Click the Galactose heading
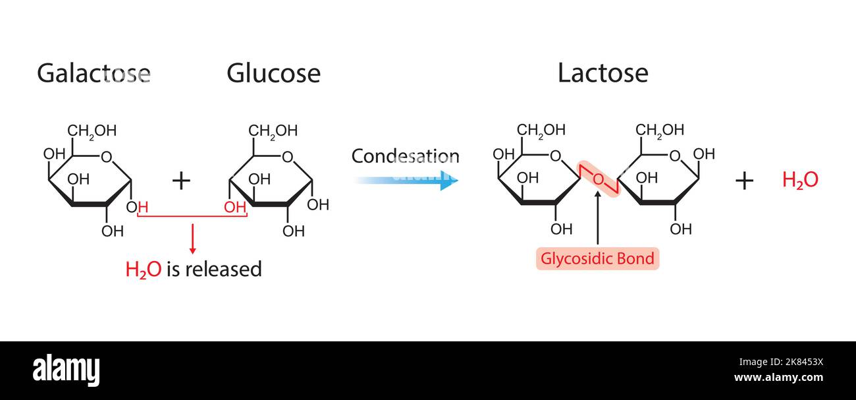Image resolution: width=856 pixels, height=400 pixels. tap(94, 73)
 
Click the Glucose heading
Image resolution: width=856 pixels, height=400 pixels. tap(273, 73)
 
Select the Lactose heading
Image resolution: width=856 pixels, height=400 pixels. tap(602, 73)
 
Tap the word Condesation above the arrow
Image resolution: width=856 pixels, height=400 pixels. tap(405, 156)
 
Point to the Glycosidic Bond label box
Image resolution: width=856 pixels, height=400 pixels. tap(597, 258)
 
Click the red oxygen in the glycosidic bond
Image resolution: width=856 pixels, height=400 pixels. tap(598, 179)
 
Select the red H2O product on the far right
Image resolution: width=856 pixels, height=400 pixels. tap(800, 180)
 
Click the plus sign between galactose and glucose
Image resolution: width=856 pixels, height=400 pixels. tap(181, 180)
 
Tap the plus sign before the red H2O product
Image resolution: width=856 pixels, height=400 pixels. tap(744, 180)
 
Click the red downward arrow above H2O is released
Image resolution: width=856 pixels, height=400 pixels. tap(192, 240)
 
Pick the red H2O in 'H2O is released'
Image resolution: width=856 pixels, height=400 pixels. tap(143, 270)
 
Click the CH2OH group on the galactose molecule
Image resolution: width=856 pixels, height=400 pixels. tap(92, 130)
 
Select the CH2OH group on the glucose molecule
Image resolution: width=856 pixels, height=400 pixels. tap(273, 130)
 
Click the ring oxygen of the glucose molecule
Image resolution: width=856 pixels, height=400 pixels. tap(287, 157)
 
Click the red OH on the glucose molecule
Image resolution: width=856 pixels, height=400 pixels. tap(235, 208)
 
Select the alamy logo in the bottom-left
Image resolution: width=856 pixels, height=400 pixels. tap(66, 371)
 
